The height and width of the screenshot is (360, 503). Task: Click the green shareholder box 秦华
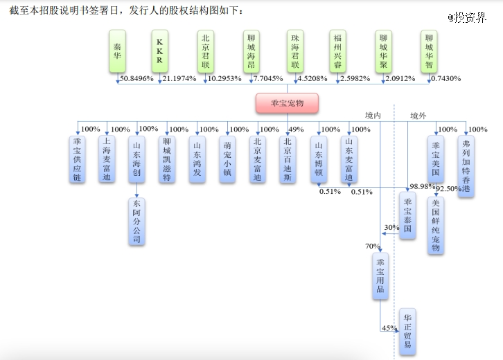(x=118, y=52)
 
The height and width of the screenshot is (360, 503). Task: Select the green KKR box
(x=160, y=52)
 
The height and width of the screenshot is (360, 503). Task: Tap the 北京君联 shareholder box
(x=204, y=52)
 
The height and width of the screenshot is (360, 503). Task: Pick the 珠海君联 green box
(x=294, y=52)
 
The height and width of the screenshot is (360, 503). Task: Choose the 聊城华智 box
(x=430, y=52)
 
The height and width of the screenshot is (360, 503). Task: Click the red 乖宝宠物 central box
(x=288, y=104)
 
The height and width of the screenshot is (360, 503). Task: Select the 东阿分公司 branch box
(x=136, y=222)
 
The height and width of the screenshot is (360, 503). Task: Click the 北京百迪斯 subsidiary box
(x=288, y=159)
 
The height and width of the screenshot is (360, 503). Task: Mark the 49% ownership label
(x=297, y=129)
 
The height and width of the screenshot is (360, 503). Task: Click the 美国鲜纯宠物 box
(x=435, y=225)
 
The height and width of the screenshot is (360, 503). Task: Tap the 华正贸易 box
(x=407, y=330)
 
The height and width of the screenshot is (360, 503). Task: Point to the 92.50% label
(x=449, y=189)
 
